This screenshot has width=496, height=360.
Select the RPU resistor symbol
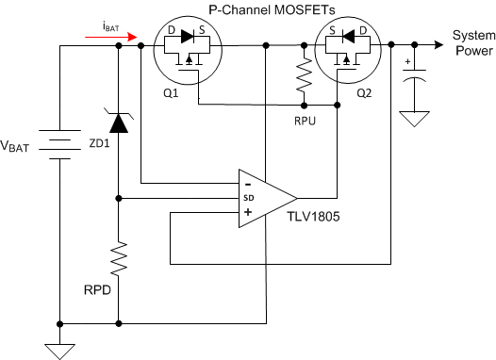[304, 74]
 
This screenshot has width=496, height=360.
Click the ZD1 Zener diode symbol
[118, 122]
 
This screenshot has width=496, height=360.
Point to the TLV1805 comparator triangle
[264, 198]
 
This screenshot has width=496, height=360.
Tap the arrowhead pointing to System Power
[438, 44]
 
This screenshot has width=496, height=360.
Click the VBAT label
[22, 149]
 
